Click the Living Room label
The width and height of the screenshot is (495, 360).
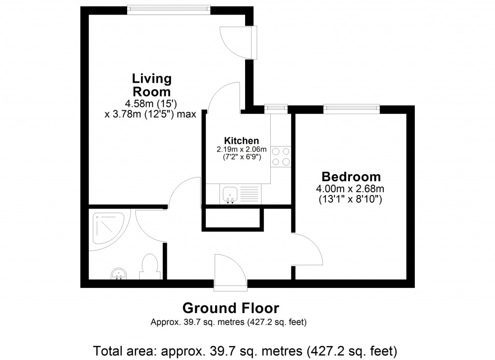click(152, 85)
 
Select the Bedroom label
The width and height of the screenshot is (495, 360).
click(351, 177)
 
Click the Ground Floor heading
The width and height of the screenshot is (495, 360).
click(231, 308)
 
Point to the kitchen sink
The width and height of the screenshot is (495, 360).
click(229, 195)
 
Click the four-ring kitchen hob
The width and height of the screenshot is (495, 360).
click(281, 156)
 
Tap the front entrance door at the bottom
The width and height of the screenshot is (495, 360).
click(230, 272)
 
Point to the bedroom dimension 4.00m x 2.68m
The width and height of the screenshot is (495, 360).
click(351, 189)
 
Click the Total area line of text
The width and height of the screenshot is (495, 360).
click(245, 349)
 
